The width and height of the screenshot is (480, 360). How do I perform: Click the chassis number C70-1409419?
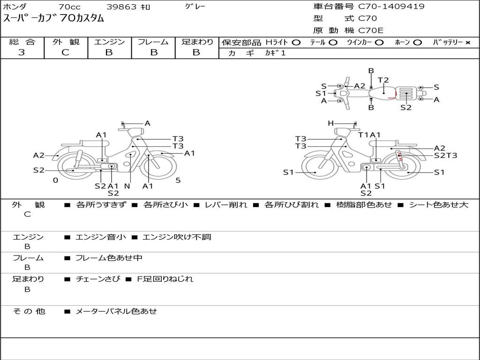(x=391, y=7)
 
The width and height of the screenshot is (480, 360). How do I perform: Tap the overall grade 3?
(x=22, y=52)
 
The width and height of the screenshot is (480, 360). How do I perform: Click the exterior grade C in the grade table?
(x=65, y=52)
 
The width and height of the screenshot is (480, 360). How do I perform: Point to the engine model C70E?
(x=370, y=30)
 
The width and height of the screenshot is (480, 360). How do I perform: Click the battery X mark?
(x=468, y=43)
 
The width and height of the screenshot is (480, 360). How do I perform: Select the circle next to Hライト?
(x=296, y=43)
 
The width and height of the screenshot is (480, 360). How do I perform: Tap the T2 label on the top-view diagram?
(x=383, y=80)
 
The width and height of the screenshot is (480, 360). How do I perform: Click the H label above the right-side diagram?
(x=330, y=123)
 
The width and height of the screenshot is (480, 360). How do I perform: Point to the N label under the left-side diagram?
(x=127, y=186)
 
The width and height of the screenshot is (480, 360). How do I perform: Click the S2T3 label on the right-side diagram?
(x=445, y=156)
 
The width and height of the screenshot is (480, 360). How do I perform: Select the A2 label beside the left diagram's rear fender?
(x=38, y=156)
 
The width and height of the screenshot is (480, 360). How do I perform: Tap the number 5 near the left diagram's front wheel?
(x=178, y=180)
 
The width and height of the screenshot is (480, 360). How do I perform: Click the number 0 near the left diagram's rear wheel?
(x=55, y=180)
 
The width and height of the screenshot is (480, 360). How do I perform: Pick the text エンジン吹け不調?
(x=177, y=237)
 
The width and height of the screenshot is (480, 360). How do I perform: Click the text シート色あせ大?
(x=439, y=204)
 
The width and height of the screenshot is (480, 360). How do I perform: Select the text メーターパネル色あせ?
(x=116, y=311)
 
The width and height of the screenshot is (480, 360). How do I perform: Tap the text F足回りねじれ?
(x=165, y=279)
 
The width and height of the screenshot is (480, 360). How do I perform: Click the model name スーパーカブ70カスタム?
(x=53, y=18)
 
